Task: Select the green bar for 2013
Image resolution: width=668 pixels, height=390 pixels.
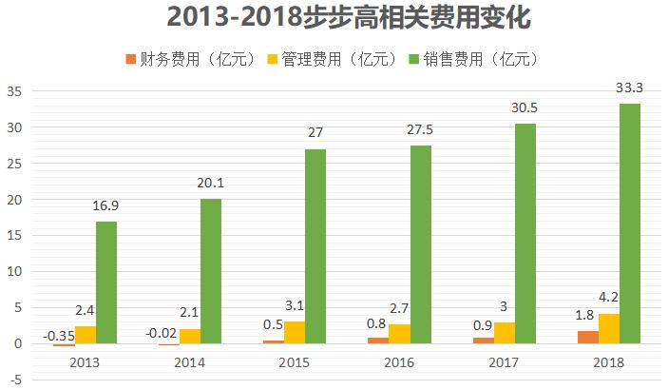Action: coord(106,283)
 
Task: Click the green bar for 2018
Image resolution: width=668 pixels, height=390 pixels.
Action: coord(629,224)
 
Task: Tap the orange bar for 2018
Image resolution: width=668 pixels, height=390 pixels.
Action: coord(587,337)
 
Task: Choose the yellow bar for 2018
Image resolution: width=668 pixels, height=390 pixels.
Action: coord(608,328)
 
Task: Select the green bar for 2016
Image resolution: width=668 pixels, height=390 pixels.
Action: coord(420,244)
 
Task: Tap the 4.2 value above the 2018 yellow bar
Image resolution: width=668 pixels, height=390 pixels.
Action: coord(609,299)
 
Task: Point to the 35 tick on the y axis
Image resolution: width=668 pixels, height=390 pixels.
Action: coord(14,91)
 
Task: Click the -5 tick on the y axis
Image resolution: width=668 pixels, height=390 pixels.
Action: coord(14,380)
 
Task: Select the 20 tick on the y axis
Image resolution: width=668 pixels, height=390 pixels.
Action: coord(14,200)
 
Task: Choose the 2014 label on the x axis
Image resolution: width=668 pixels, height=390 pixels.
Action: coord(190,362)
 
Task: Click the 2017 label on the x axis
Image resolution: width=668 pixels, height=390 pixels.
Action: coord(504,362)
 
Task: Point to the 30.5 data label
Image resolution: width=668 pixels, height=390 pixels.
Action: coord(525,108)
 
